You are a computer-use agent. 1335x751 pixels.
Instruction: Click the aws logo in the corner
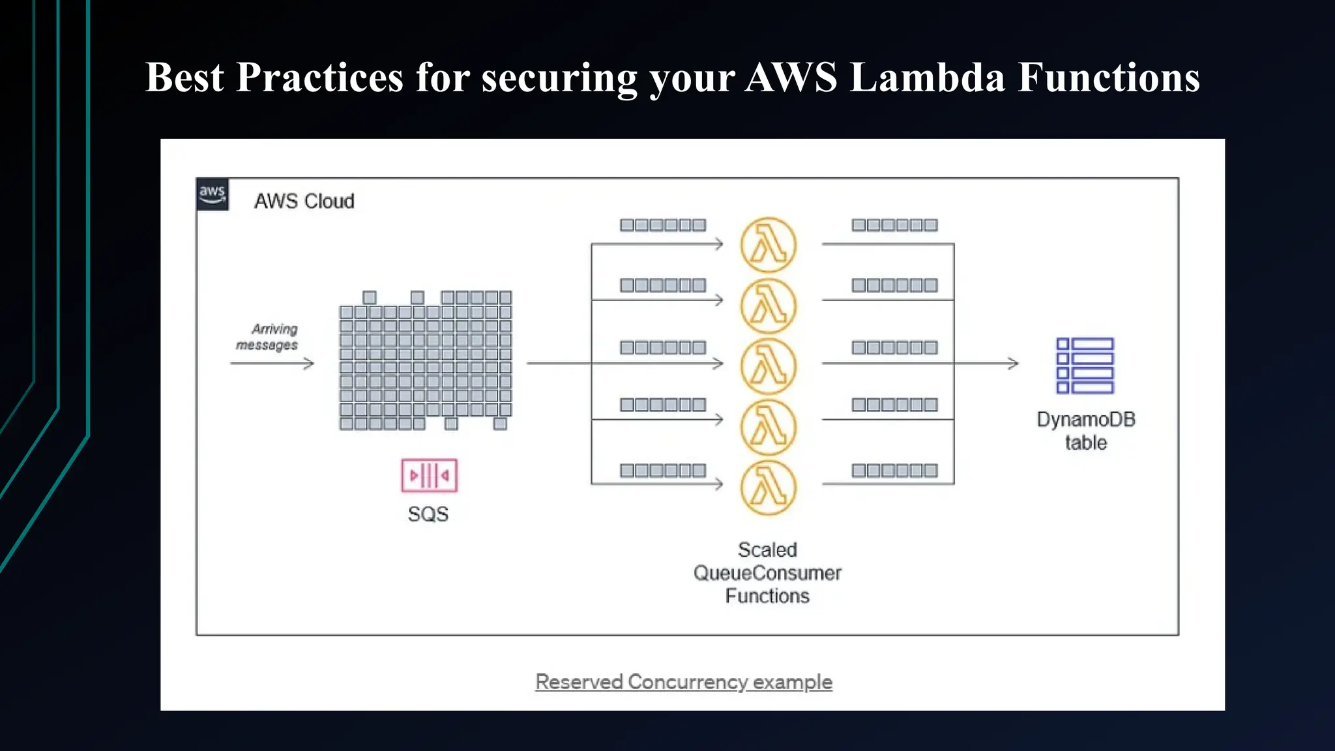213,194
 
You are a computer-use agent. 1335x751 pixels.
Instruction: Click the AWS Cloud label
304,201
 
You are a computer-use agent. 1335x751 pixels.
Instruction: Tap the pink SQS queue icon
429,475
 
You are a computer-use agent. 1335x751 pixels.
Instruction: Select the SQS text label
428,514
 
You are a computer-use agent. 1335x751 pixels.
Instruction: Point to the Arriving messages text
267,337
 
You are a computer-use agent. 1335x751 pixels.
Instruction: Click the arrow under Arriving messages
272,363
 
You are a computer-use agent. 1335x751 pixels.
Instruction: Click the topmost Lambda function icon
769,245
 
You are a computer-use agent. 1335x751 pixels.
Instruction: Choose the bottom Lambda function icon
769,488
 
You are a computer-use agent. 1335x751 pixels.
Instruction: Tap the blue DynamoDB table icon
1085,366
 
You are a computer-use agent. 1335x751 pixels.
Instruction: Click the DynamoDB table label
1086,431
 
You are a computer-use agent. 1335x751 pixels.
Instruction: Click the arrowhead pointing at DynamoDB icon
1013,363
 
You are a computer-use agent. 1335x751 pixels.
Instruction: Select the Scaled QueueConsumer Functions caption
767,573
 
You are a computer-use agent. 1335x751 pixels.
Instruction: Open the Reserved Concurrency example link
684,682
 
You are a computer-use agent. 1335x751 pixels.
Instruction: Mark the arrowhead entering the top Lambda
718,244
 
